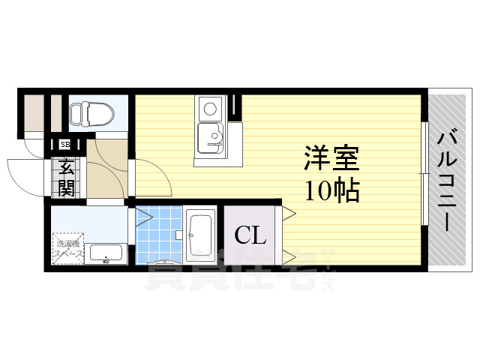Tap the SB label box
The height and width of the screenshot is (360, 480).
[x=65, y=144]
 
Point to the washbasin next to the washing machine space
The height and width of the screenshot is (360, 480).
[x=105, y=254]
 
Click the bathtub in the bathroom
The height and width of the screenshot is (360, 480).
[x=200, y=234]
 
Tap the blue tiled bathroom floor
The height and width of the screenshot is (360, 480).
[x=158, y=232]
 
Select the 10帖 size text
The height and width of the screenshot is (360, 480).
[x=331, y=190]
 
